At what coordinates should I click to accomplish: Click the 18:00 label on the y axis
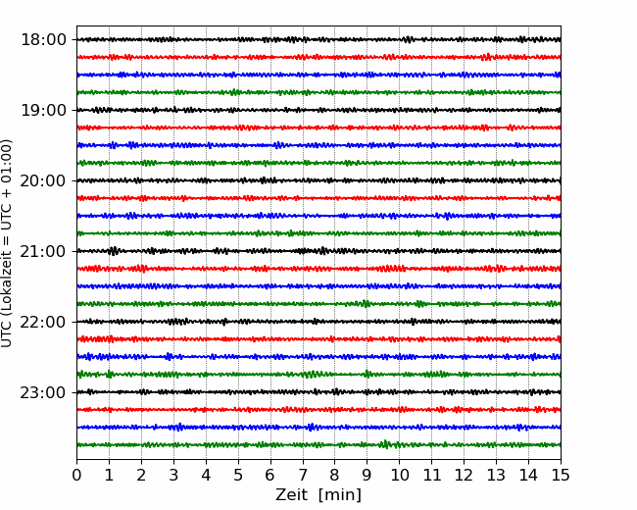43,40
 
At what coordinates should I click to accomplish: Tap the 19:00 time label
43,110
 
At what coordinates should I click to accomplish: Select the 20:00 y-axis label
43,180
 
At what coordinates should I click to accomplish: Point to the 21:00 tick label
43,251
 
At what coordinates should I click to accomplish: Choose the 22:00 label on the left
43,322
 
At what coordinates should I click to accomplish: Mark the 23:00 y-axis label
43,392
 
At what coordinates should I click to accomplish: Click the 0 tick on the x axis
76,475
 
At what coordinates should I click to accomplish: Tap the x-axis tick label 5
238,475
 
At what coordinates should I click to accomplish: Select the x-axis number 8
335,475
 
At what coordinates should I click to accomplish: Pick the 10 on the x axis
399,475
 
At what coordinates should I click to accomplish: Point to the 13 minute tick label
496,475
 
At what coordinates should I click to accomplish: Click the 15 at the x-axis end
561,475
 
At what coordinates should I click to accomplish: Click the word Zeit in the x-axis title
291,494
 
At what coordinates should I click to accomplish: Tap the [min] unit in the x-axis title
340,495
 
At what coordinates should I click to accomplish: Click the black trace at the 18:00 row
318,39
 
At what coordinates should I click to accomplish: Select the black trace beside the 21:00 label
318,251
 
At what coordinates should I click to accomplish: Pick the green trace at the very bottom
318,445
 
